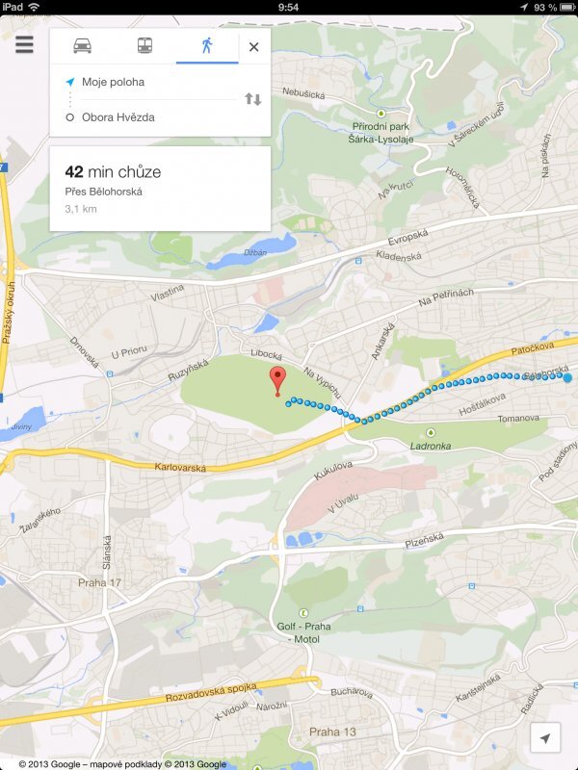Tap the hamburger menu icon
(24, 45)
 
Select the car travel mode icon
(83, 45)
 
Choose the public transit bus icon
(144, 45)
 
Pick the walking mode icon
(206, 45)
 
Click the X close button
(253, 46)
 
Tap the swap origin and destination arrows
(252, 99)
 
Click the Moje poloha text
(113, 82)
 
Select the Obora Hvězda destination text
(118, 117)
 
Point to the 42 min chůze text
(113, 172)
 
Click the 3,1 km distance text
(81, 208)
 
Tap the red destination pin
(278, 378)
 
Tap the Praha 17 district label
(98, 582)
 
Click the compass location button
(545, 737)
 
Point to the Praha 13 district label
(330, 731)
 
